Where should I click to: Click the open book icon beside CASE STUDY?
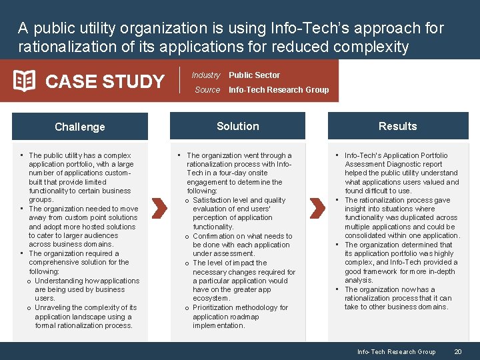[x=24, y=81]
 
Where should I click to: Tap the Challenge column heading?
[x=80, y=127]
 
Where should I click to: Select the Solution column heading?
[x=238, y=126]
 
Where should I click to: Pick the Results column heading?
[x=397, y=126]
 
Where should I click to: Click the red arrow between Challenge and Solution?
[x=158, y=208]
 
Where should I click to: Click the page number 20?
[x=458, y=351]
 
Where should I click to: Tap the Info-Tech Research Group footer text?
[x=396, y=351]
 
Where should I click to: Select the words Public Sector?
[x=254, y=75]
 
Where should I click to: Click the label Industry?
[x=206, y=75]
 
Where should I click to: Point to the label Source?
[x=207, y=89]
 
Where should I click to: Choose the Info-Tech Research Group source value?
[x=279, y=89]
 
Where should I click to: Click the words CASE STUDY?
[x=105, y=81]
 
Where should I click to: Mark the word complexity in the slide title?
[x=375, y=47]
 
